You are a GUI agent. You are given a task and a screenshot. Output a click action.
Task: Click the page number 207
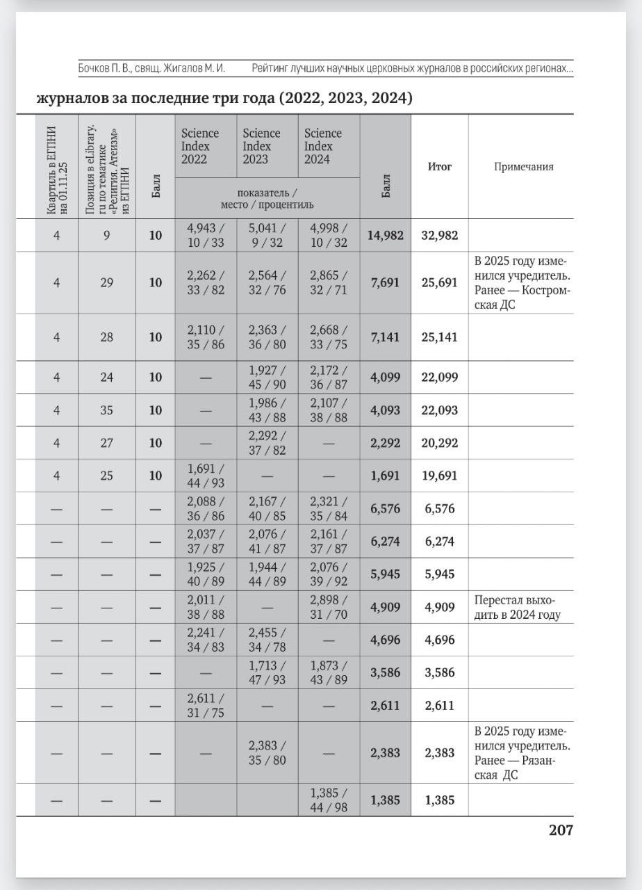561,830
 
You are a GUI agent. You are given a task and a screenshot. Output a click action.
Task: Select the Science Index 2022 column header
200,146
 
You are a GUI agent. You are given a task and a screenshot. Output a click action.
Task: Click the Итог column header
439,167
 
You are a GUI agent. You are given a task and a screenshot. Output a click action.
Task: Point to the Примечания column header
524,167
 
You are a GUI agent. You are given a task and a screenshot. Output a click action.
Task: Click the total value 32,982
439,235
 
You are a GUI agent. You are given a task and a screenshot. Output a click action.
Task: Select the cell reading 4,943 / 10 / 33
206,235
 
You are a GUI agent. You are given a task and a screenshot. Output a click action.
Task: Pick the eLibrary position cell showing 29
106,282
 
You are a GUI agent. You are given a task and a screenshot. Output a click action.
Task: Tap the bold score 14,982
386,235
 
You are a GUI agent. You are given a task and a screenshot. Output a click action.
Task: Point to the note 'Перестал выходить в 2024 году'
517,607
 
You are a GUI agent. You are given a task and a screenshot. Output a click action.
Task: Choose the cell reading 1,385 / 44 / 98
329,800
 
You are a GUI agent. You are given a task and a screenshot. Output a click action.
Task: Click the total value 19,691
439,476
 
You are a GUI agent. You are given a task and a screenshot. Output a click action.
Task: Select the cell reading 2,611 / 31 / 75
206,705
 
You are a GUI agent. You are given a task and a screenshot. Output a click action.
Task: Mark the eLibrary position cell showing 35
106,410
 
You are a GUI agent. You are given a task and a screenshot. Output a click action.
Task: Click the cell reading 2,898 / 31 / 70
329,607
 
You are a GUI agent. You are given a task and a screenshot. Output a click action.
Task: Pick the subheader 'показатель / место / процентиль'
267,197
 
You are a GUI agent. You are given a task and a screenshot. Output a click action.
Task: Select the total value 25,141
439,337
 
